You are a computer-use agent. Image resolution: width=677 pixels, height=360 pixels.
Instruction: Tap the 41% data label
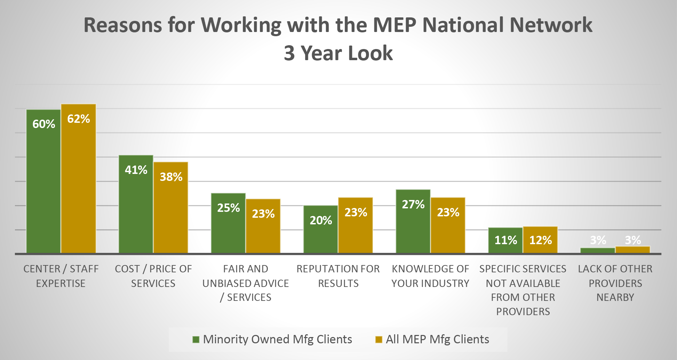click(136, 170)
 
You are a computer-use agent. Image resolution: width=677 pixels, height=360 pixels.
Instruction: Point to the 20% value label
click(321, 220)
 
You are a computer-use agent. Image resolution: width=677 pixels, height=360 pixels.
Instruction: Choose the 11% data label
click(505, 240)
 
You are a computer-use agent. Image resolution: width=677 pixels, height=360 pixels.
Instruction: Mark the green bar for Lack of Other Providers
click(598, 250)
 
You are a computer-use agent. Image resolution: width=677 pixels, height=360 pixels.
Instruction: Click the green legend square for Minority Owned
click(196, 339)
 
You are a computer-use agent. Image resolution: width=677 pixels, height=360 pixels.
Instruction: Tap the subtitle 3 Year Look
click(338, 53)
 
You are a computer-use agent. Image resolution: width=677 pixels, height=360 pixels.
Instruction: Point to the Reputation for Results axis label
click(338, 276)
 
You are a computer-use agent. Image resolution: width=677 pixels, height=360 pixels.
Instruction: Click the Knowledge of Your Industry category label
click(430, 276)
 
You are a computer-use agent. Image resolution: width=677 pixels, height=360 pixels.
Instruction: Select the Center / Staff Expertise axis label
click(61, 276)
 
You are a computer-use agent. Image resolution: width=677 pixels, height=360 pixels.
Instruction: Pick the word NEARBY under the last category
click(615, 297)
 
